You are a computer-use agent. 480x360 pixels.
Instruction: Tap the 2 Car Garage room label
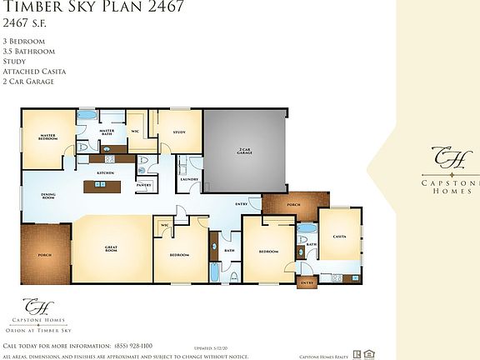tap(244, 152)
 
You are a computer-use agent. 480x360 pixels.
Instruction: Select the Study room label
tap(179, 132)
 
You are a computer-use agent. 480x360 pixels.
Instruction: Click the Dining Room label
tap(48, 197)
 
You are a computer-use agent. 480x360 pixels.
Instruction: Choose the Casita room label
tap(339, 237)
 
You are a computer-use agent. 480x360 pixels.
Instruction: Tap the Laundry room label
tap(188, 178)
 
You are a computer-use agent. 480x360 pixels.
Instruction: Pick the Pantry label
tap(143, 185)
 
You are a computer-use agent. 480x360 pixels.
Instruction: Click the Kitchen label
tap(105, 172)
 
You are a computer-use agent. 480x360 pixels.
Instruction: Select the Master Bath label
tap(107, 132)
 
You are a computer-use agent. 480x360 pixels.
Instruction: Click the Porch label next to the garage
tap(292, 204)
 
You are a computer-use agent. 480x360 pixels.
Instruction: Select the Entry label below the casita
tap(307, 283)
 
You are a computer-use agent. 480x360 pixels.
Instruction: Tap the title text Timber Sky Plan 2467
tap(93, 8)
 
